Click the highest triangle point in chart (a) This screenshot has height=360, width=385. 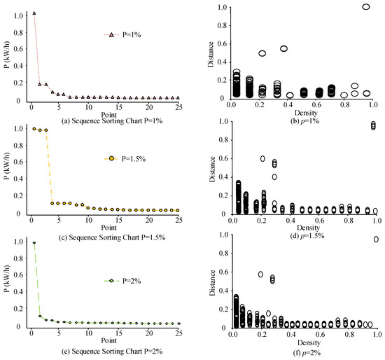(34, 13)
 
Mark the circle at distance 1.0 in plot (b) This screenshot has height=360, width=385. (366, 7)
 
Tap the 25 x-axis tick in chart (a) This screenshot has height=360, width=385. (177, 107)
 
